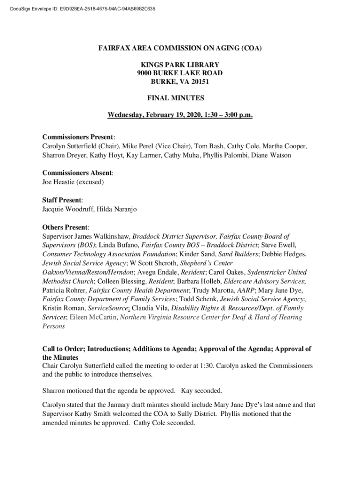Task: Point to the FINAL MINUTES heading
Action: click(x=180, y=98)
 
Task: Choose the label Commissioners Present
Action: click(x=78, y=138)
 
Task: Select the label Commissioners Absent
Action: click(x=77, y=173)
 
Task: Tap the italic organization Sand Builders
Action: click(x=238, y=254)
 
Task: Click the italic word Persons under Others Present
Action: click(x=54, y=326)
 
